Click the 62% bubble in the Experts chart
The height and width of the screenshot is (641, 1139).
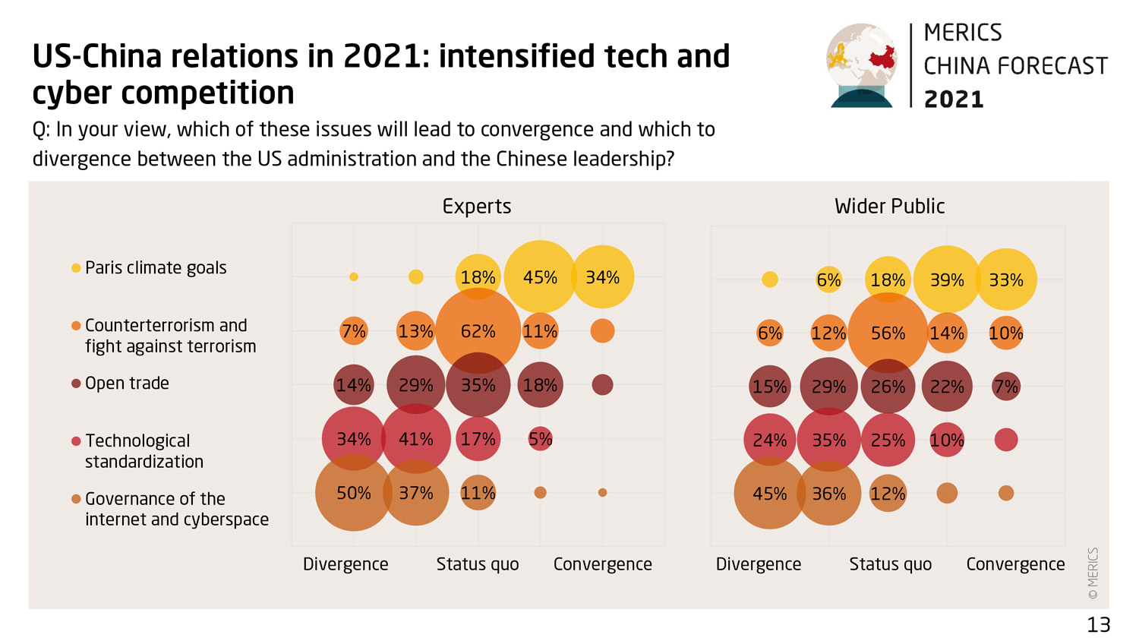pyautogui.click(x=478, y=331)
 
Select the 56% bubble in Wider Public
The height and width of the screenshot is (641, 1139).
pyautogui.click(x=888, y=333)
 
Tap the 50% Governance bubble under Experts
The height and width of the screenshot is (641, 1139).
pyautogui.click(x=354, y=493)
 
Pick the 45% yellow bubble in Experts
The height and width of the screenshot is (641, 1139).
pyautogui.click(x=540, y=277)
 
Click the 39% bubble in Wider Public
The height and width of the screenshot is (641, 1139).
pyautogui.click(x=947, y=279)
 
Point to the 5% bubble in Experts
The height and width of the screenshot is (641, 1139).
pyautogui.click(x=540, y=439)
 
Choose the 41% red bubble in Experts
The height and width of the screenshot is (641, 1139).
pyautogui.click(x=416, y=439)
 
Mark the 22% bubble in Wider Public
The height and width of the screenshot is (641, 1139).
pyautogui.click(x=947, y=387)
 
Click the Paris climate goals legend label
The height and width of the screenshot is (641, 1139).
pyautogui.click(x=156, y=268)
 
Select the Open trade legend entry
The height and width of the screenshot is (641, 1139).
pyautogui.click(x=127, y=384)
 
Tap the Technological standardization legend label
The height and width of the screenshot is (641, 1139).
pyautogui.click(x=144, y=451)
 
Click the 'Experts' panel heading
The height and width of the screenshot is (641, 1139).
pyautogui.click(x=477, y=207)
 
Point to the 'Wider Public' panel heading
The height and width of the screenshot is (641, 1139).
pyautogui.click(x=889, y=207)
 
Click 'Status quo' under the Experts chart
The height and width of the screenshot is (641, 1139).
pyautogui.click(x=478, y=564)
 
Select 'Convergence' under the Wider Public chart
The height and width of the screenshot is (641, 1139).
pyautogui.click(x=1015, y=564)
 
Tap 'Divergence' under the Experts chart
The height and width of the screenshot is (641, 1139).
pyautogui.click(x=345, y=564)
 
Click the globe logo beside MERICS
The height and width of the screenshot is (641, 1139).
pyautogui.click(x=862, y=65)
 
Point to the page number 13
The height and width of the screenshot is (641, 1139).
pyautogui.click(x=1098, y=625)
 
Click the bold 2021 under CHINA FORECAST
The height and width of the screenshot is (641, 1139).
pyautogui.click(x=954, y=99)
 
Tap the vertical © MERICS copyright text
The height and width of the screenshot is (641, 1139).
pyautogui.click(x=1093, y=573)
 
